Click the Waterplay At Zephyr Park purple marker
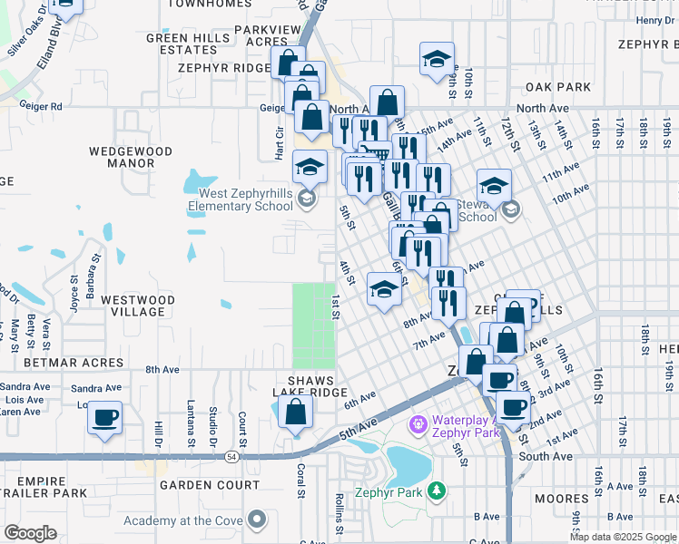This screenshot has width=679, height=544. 418,423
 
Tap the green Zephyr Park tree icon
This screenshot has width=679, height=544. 438,491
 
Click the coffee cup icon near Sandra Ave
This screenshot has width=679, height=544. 106,417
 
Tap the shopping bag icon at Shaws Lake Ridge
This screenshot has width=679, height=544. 296,413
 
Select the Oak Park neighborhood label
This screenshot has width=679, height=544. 563,87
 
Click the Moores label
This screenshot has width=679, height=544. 561,499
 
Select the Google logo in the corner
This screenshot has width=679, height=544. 29,533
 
